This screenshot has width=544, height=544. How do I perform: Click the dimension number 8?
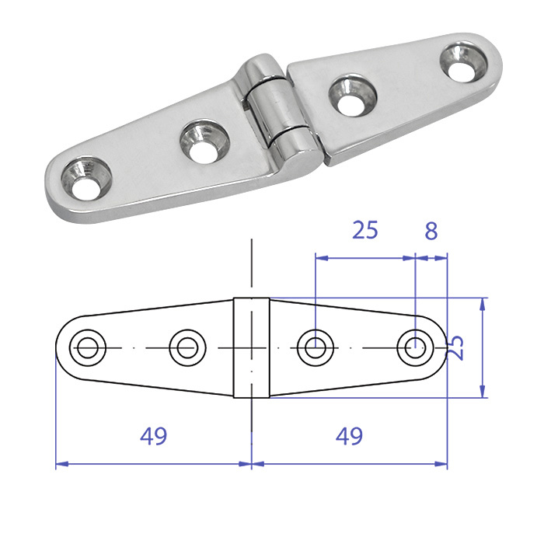coord(431,232)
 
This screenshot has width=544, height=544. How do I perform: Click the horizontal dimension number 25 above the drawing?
coord(365,230)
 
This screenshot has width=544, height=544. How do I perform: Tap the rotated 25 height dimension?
coord(455,347)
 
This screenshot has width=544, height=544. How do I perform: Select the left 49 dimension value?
coord(153,436)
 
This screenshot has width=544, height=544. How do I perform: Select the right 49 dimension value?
coord(350,436)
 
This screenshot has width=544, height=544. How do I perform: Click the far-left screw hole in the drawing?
coord(87,347)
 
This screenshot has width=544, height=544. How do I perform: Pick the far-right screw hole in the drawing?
coord(415,347)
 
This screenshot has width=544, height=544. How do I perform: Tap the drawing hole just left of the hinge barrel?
coord(187,347)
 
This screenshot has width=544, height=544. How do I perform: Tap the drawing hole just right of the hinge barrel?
coord(316,347)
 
